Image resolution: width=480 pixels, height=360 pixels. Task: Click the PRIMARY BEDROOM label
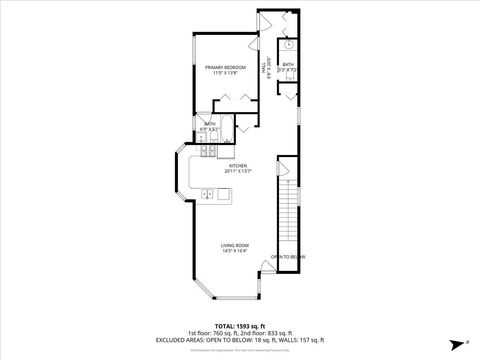[x=224, y=67]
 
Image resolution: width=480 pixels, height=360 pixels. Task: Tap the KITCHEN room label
[x=236, y=165]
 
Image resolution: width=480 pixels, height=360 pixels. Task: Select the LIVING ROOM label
[x=236, y=245]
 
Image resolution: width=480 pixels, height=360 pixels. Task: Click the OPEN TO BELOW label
[x=287, y=257]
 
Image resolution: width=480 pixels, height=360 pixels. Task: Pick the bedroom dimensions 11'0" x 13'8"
[x=224, y=73]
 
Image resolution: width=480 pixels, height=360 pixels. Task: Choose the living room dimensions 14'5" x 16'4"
[x=236, y=251]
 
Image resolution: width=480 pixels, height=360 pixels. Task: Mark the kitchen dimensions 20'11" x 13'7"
[x=236, y=171]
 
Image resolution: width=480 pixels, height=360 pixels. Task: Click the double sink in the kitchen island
[x=208, y=193]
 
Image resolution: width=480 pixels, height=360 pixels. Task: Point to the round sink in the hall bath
[x=288, y=45]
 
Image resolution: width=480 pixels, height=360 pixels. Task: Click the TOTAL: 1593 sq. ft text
[x=239, y=326]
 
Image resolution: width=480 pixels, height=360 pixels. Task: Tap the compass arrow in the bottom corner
[x=453, y=340]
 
